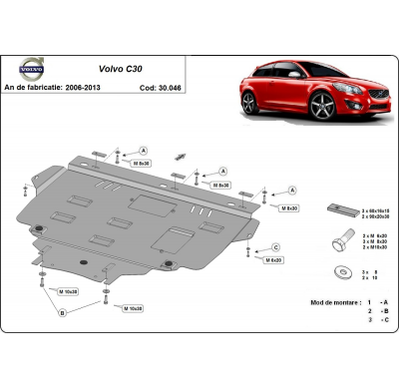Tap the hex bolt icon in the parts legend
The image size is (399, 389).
click(x=341, y=241)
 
